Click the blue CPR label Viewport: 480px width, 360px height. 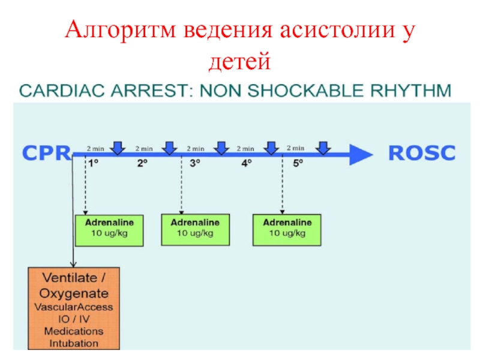click(x=47, y=153)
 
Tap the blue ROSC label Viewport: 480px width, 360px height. click(x=422, y=153)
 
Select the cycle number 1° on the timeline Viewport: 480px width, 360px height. click(x=94, y=163)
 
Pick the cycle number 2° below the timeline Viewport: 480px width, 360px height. click(x=142, y=163)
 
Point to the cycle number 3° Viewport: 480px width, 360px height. click(x=195, y=163)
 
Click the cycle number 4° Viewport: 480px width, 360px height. click(x=247, y=163)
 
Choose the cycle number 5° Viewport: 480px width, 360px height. click(x=298, y=163)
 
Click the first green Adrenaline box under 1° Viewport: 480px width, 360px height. click(x=109, y=230)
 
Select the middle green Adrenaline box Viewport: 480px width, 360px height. click(x=196, y=230)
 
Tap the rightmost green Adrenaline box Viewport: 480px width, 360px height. click(x=287, y=230)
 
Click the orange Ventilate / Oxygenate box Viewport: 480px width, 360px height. click(x=74, y=308)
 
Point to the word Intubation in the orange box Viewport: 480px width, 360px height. click(x=74, y=343)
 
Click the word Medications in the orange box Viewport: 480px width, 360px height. click(x=74, y=331)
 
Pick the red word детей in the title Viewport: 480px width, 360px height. click(x=239, y=61)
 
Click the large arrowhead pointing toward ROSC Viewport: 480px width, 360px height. click(x=361, y=155)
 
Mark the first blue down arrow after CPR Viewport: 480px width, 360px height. click(x=118, y=148)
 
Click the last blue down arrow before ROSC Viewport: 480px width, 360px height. click(x=323, y=148)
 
